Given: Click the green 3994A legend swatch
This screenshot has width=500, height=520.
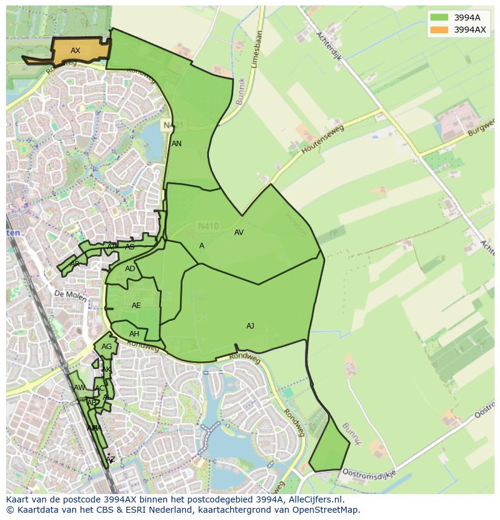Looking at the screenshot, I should pyautogui.click(x=439, y=18).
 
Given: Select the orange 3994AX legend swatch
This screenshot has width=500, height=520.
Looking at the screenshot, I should pyautogui.click(x=439, y=30).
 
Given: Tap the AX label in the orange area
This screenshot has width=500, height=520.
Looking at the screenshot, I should pyautogui.click(x=75, y=51).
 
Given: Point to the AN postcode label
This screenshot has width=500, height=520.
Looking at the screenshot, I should pyautogui.click(x=176, y=144).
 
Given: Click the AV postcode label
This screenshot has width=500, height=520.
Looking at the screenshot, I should pyautogui.click(x=239, y=233).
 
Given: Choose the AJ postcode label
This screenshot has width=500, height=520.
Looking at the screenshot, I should pyautogui.click(x=250, y=326).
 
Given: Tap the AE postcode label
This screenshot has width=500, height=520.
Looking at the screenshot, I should pyautogui.click(x=136, y=306).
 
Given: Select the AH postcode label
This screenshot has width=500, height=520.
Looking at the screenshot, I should pyautogui.click(x=134, y=334).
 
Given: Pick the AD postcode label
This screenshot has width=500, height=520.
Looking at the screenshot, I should pyautogui.click(x=130, y=269).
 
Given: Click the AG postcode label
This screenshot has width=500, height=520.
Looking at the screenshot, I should pyautogui.click(x=106, y=347).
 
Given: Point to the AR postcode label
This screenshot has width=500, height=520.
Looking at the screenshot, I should pyautogui.click(x=75, y=264).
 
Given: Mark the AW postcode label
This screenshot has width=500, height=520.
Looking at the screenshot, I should pyautogui.click(x=79, y=388).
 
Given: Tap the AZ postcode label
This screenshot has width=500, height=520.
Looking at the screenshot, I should pyautogui.click(x=110, y=460).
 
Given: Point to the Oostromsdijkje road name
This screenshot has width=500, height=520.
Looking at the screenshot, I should pyautogui.click(x=368, y=472).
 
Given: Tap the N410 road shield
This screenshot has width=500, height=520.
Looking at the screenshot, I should pyautogui.click(x=208, y=226).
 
